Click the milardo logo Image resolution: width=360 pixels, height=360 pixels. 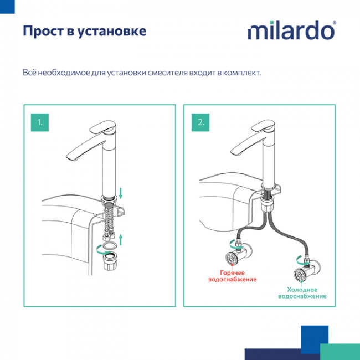pyautogui.click(x=291, y=30)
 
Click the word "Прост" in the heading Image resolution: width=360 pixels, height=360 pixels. pyautogui.click(x=42, y=31)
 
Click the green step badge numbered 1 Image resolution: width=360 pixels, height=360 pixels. pyautogui.click(x=39, y=121)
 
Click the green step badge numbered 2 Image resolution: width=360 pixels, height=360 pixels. pyautogui.click(x=200, y=121)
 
